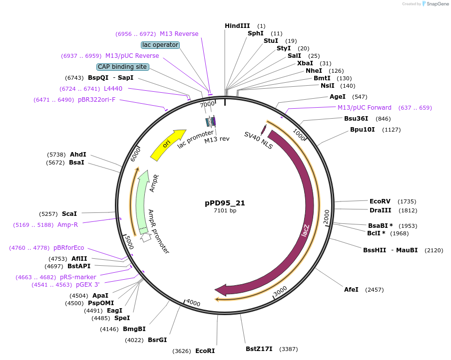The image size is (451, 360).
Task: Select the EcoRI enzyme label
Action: [x=205, y=351]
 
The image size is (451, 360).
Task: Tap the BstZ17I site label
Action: [x=259, y=349]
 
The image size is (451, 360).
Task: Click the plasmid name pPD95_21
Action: [x=225, y=203]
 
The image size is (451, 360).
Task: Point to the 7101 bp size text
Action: [x=225, y=211]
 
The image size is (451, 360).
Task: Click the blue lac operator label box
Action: [x=160, y=45]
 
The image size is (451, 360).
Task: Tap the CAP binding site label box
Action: [x=122, y=67]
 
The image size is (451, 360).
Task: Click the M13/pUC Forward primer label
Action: [x=365, y=108]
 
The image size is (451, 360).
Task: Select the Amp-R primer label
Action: [x=67, y=225]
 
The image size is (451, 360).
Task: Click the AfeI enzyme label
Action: [x=351, y=289]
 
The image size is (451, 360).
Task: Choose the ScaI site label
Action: [x=69, y=213]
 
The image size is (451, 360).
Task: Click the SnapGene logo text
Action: [x=437, y=3]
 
